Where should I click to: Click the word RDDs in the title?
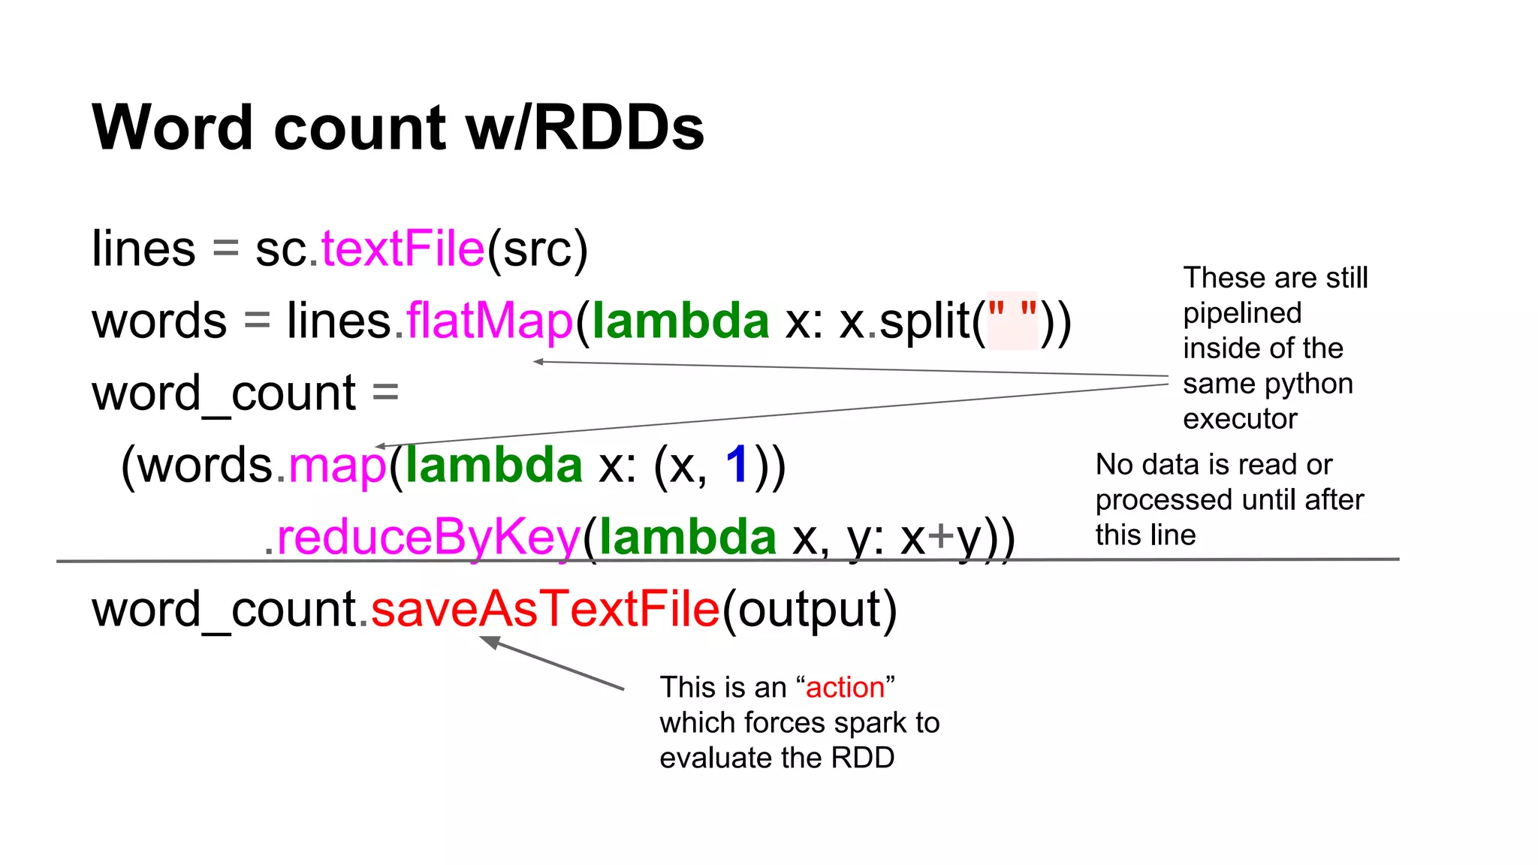(x=619, y=128)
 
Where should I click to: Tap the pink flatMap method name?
(x=490, y=321)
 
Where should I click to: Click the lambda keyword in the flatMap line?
(x=680, y=321)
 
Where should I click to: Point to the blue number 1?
(x=737, y=465)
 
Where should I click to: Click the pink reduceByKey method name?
(x=429, y=537)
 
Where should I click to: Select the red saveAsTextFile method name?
(x=545, y=609)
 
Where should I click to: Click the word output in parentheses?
(x=810, y=609)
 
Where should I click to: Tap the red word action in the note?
(x=845, y=688)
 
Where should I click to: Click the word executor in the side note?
(x=1240, y=419)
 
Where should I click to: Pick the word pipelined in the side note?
(x=1242, y=313)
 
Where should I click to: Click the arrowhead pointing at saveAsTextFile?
(x=489, y=641)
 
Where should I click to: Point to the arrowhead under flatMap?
(x=538, y=362)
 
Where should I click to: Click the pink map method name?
(x=337, y=465)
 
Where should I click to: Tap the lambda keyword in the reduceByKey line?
(x=687, y=537)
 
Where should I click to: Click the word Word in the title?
(x=172, y=128)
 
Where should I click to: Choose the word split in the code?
(x=924, y=321)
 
